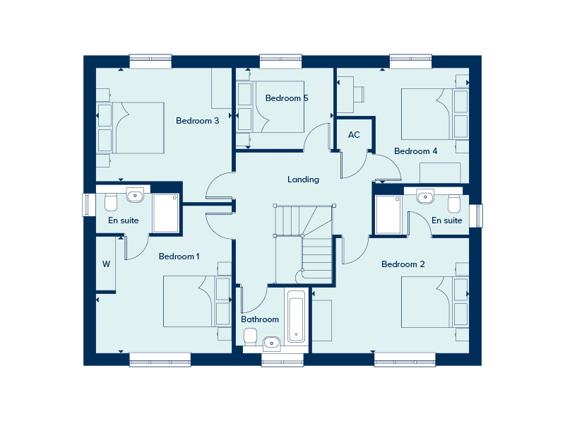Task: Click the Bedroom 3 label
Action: pos(197,121)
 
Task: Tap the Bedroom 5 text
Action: pos(286,98)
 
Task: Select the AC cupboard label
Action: pos(354,135)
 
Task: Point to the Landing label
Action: pos(303,179)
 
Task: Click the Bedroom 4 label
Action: pos(415,151)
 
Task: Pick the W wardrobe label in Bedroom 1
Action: pos(106,264)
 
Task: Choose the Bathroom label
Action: pos(260,319)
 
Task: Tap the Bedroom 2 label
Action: pos(403,264)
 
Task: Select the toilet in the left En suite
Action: pos(109,204)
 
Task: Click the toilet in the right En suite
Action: pos(454,204)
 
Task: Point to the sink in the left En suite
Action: pos(135,194)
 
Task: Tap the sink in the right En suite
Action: pos(426,196)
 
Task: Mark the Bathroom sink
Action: pos(272,344)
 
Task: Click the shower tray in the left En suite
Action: pos(166,213)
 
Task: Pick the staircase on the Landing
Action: pos(304,240)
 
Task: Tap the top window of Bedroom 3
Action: pos(150,61)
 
